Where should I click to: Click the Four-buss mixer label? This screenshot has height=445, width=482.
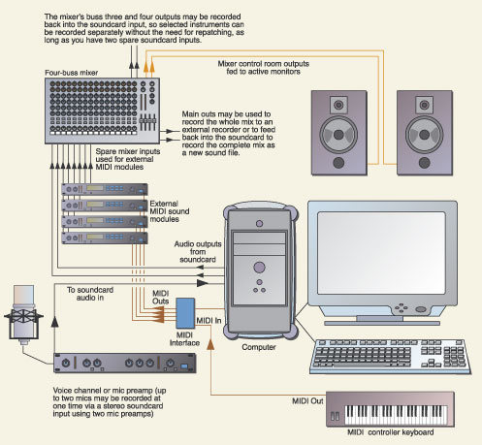tap(71, 73)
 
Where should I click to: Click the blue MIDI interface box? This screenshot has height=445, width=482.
tap(185, 313)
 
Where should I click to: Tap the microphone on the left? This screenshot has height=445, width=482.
tap(23, 315)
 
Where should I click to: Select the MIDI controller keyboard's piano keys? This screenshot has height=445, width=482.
tap(396, 415)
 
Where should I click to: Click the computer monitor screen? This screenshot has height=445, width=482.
tap(381, 253)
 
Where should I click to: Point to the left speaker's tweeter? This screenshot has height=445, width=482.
tap(338, 105)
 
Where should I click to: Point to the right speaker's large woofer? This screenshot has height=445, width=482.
tap(424, 135)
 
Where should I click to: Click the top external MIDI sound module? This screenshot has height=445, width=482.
tap(105, 189)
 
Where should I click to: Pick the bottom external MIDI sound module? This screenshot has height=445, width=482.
tap(105, 238)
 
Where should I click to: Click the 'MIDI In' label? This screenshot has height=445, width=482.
tap(209, 321)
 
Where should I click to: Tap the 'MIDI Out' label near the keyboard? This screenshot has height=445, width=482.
tap(307, 401)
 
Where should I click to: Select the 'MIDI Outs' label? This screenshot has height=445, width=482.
tap(161, 298)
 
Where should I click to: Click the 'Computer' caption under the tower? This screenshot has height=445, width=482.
tap(259, 347)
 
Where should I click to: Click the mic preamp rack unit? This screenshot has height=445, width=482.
tap(125, 363)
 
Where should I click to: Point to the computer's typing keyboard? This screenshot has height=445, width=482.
tap(390, 357)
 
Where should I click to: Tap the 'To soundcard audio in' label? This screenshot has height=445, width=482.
tap(90, 294)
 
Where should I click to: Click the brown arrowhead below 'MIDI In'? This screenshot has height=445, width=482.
tap(210, 344)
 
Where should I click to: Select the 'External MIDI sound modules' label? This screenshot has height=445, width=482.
tap(170, 211)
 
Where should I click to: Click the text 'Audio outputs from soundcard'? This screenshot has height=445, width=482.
tap(198, 252)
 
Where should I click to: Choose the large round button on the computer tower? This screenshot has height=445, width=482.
tap(259, 268)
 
